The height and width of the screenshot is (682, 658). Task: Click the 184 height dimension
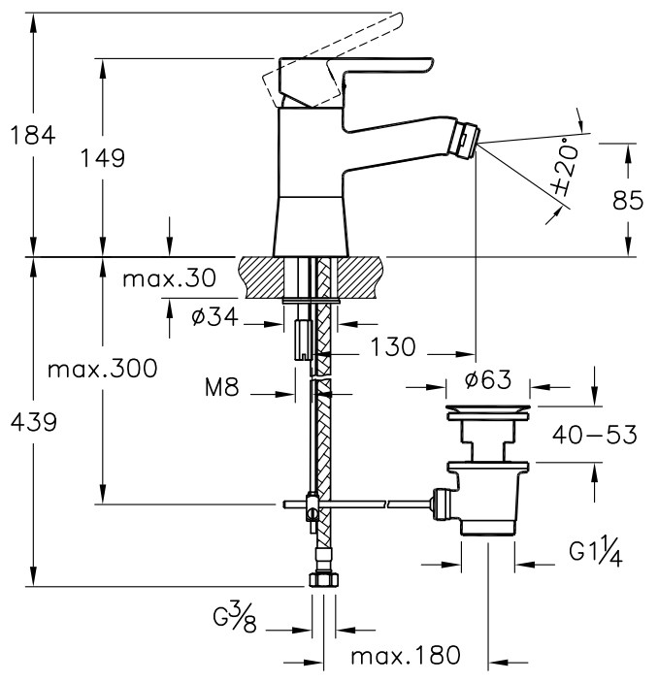(33, 135)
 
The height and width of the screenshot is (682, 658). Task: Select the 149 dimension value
(103, 157)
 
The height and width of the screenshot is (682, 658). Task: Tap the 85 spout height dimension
(628, 201)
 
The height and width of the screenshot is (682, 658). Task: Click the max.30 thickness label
(169, 277)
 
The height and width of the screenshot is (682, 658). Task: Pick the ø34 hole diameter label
(214, 316)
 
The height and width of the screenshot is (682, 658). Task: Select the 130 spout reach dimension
(393, 347)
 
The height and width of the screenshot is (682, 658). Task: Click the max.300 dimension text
(102, 370)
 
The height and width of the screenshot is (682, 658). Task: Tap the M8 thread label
(222, 387)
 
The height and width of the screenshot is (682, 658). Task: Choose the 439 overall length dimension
(34, 422)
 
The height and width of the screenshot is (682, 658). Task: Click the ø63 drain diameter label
(488, 379)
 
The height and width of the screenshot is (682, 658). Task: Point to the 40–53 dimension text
(595, 435)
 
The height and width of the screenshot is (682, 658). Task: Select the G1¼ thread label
(596, 554)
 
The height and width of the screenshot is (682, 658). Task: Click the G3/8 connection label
(235, 617)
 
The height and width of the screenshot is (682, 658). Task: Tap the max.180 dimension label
(405, 655)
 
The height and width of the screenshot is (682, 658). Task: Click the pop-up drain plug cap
(488, 408)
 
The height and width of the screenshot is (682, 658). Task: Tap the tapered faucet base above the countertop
(311, 227)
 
